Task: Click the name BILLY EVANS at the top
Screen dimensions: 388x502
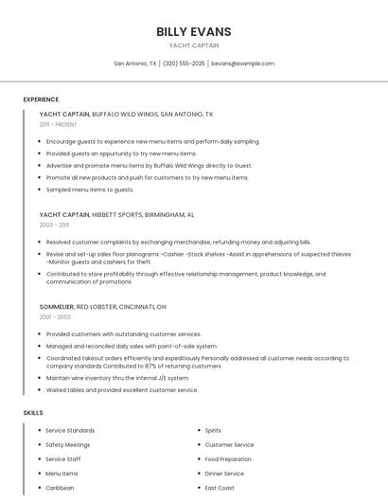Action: (193, 31)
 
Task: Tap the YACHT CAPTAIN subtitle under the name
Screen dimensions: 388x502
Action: (193, 45)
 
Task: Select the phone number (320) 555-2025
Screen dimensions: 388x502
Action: (184, 63)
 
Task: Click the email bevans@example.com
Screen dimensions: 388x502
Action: (242, 63)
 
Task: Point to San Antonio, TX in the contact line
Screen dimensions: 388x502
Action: (135, 63)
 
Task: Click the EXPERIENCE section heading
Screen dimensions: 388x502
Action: (41, 99)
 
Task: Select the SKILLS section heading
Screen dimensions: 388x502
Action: (33, 413)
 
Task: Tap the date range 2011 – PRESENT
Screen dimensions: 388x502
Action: (58, 124)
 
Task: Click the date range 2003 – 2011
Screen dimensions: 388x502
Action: (54, 224)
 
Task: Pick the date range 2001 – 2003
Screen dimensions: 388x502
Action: (54, 316)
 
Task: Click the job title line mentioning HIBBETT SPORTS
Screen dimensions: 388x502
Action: (116, 215)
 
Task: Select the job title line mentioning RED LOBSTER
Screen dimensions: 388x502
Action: (102, 307)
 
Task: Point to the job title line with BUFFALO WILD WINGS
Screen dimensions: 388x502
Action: (126, 114)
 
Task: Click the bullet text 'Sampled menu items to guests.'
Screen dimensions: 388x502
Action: (90, 189)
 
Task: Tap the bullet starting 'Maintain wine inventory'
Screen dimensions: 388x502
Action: (117, 377)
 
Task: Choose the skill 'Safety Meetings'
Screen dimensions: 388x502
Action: (68, 444)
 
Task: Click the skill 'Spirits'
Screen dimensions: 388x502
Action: (213, 430)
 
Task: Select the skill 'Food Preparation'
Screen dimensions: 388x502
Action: (228, 458)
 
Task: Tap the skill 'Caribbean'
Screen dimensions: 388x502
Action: (60, 488)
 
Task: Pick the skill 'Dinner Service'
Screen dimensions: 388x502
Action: (224, 473)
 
